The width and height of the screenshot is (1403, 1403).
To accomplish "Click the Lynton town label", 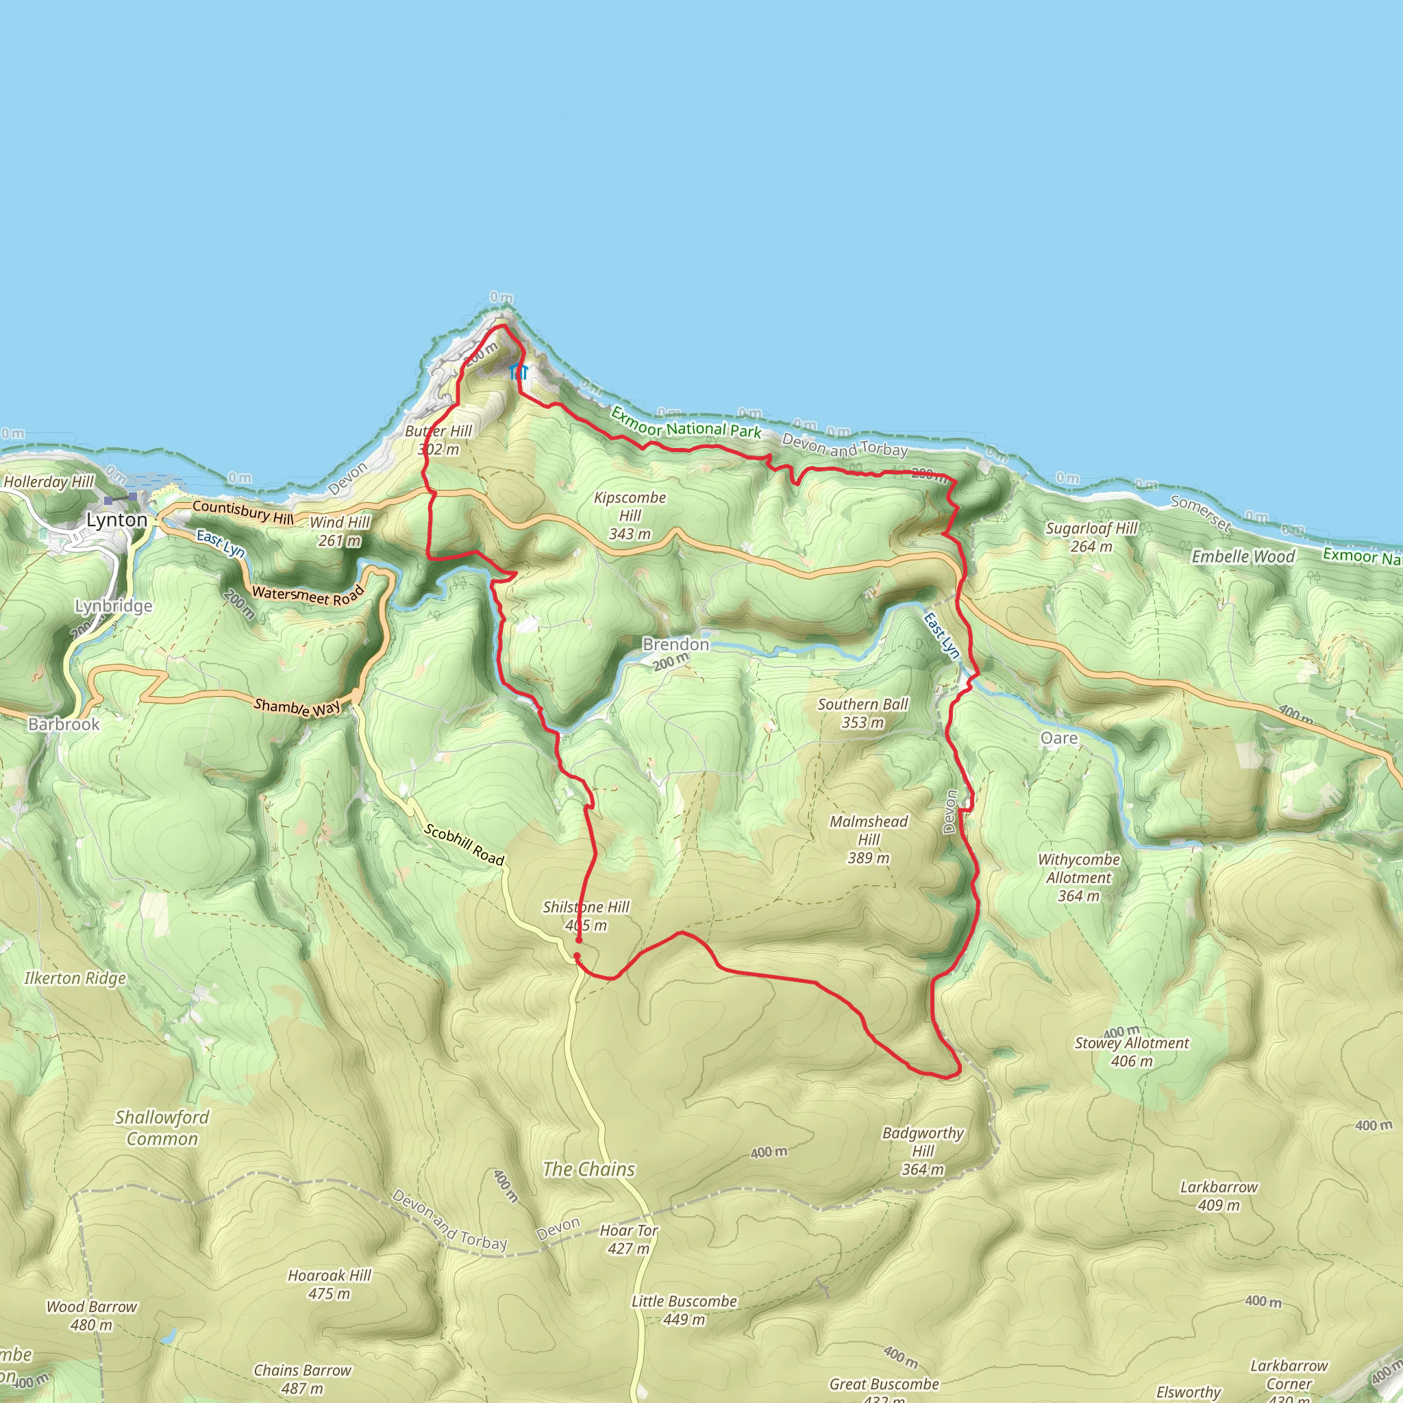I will pyautogui.click(x=116, y=520).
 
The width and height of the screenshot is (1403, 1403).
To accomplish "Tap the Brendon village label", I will pyautogui.click(x=675, y=644).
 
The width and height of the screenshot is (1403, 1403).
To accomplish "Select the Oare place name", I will pyautogui.click(x=1059, y=738).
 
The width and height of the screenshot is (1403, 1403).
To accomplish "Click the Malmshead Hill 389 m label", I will pyautogui.click(x=869, y=839).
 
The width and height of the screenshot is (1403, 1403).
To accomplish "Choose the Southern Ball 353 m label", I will pyautogui.click(x=862, y=712).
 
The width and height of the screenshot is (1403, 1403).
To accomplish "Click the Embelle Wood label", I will pyautogui.click(x=1243, y=557).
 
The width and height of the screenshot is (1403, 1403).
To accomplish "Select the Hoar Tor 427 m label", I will pyautogui.click(x=629, y=1239).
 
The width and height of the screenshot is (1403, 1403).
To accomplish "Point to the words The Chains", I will pyautogui.click(x=589, y=1169).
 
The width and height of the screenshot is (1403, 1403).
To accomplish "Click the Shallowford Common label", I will pyautogui.click(x=162, y=1128).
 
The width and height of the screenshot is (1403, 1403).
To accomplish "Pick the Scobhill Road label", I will pyautogui.click(x=464, y=845).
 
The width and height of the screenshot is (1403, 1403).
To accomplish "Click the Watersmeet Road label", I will pyautogui.click(x=307, y=595).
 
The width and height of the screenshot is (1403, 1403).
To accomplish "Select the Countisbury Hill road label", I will pyautogui.click(x=243, y=512).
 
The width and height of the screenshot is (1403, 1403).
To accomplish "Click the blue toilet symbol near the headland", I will pyautogui.click(x=519, y=373).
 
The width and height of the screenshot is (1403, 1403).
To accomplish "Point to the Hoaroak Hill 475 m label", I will pyautogui.click(x=330, y=1284).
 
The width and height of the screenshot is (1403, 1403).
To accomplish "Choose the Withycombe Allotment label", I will pyautogui.click(x=1078, y=878).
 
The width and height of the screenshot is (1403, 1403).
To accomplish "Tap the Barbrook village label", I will pyautogui.click(x=64, y=724).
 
